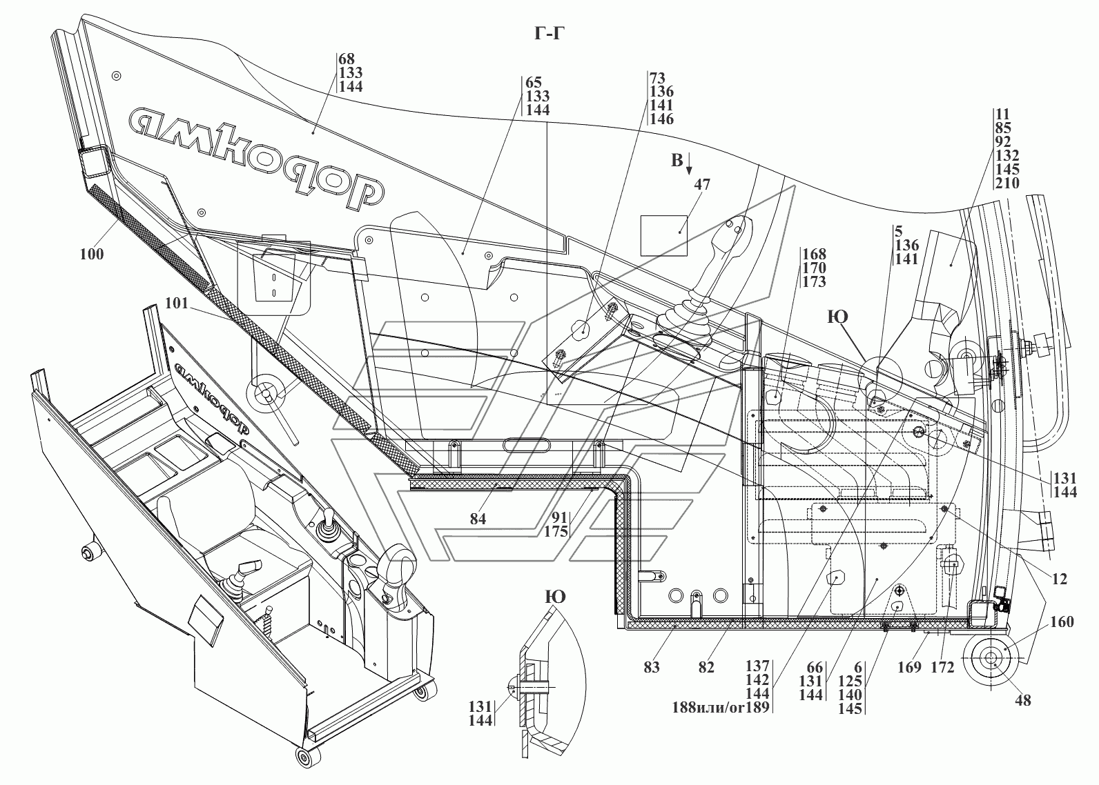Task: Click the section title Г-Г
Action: point(549,33)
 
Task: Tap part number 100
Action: point(92,254)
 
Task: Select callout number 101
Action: point(177,303)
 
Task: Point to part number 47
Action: point(702,184)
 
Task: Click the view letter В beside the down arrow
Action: point(677,160)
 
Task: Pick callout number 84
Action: point(478,519)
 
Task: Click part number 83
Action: point(652,667)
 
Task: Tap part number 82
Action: point(706,667)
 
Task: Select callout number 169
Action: point(910,667)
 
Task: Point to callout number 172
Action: point(942,667)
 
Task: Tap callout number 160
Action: point(1062,622)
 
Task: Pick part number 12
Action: point(1060,579)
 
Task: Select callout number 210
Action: point(1006,183)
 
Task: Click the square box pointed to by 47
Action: point(664,235)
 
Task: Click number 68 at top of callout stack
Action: point(347,59)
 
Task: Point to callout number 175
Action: point(556,532)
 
